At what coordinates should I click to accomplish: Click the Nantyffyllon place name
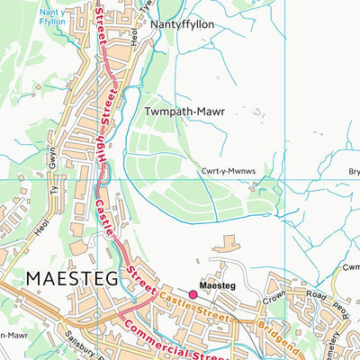coord(183,25)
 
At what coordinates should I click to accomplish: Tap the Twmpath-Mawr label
coord(183,112)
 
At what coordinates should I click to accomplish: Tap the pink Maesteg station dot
coord(193,294)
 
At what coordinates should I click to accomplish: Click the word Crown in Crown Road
coord(274,299)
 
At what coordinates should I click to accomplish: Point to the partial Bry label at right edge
coord(353,171)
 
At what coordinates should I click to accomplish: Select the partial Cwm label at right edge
coord(351,267)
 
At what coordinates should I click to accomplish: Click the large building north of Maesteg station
coord(228,243)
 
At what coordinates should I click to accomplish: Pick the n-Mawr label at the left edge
coord(11,334)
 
